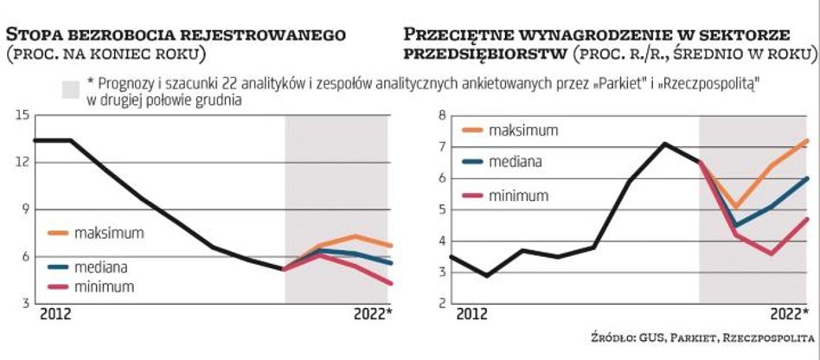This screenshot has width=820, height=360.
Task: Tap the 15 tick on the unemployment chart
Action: [x=22, y=115]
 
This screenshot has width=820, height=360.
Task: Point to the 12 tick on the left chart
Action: [x=22, y=162]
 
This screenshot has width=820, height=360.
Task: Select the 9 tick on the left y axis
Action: [x=24, y=209]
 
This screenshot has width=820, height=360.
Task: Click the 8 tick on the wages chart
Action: [x=441, y=115]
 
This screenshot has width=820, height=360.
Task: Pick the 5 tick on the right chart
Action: [x=441, y=209]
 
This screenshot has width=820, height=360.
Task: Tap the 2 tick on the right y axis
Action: [x=441, y=304]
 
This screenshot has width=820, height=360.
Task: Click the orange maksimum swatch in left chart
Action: [x=57, y=234]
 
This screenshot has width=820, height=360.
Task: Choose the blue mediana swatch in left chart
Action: [x=57, y=267]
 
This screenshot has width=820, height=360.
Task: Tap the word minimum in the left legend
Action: [x=104, y=285]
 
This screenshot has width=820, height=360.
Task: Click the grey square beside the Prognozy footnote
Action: [x=71, y=88]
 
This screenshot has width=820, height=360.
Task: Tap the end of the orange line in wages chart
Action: [x=808, y=140]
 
